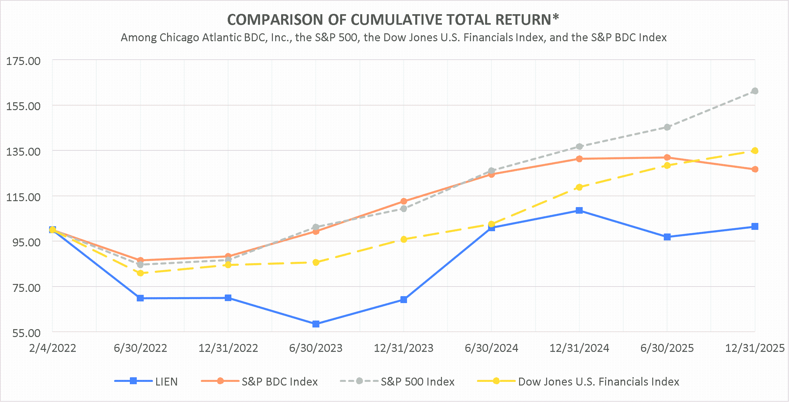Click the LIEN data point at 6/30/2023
click(316, 324)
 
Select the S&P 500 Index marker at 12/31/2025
click(755, 91)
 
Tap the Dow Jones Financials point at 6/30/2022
click(140, 273)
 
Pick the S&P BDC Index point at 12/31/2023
click(404, 201)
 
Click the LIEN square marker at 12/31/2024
click(579, 210)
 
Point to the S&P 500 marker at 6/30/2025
click(667, 127)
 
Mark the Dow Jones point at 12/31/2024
click(579, 187)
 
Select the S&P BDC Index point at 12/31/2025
click(755, 169)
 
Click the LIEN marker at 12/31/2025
click(755, 226)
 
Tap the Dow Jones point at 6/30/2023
click(316, 263)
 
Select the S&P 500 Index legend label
click(418, 382)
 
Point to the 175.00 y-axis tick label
click(23, 61)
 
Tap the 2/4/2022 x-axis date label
click(53, 348)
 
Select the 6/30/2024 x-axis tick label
click(491, 348)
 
